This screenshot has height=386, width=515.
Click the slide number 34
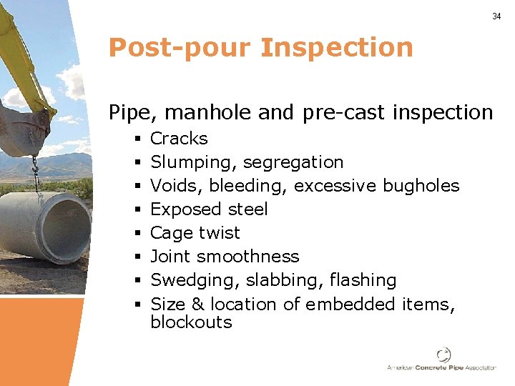[x=496, y=16]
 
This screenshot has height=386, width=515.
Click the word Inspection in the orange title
[x=337, y=48]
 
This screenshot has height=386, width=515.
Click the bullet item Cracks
[x=179, y=139]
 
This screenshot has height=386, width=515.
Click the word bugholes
[x=421, y=186]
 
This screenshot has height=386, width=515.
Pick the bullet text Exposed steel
[x=209, y=209]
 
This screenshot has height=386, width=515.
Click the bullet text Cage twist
[x=195, y=233]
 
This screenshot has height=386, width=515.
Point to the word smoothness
[x=248, y=257]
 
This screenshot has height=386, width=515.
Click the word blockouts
[x=191, y=322]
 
